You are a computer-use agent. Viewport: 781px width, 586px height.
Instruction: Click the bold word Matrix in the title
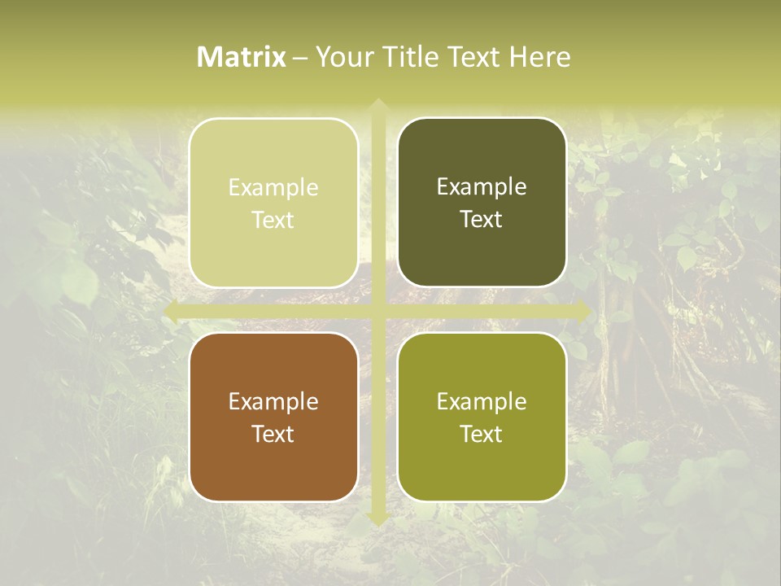click(x=242, y=57)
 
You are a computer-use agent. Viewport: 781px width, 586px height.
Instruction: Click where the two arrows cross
click(x=377, y=312)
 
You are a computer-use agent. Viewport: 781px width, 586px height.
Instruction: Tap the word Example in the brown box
click(x=273, y=402)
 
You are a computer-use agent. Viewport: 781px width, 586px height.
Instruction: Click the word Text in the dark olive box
click(x=482, y=220)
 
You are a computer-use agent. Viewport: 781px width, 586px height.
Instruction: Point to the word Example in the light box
click(x=273, y=188)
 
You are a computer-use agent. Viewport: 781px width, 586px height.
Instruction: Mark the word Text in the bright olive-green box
click(x=482, y=435)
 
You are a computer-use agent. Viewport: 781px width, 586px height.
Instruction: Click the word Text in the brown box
click(x=273, y=435)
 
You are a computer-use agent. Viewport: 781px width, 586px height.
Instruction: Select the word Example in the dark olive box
click(x=482, y=187)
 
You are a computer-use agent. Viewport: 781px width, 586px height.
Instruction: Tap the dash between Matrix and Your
click(x=300, y=58)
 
